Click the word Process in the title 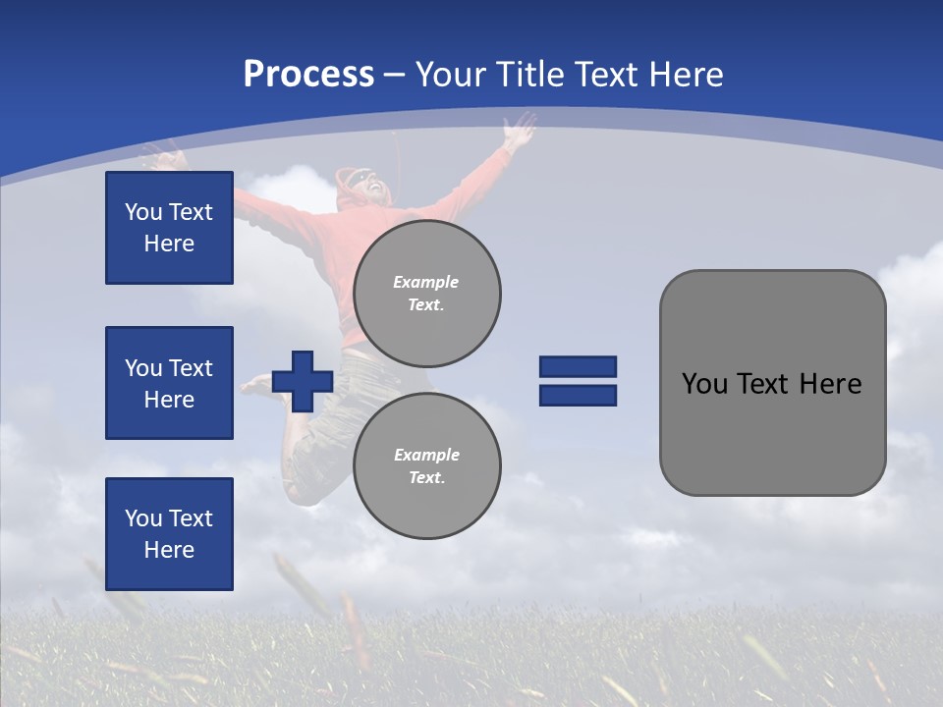coord(308,75)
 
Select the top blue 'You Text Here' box coord(169,228)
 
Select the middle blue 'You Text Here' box coord(169,383)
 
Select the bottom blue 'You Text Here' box coord(169,534)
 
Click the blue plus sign coord(303,381)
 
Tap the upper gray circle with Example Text coord(427,294)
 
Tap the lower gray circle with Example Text coord(427,466)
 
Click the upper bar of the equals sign coord(578,367)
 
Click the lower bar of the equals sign coord(578,396)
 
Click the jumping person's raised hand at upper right coord(518,128)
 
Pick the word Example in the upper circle coord(425,282)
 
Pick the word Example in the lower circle coord(425,455)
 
